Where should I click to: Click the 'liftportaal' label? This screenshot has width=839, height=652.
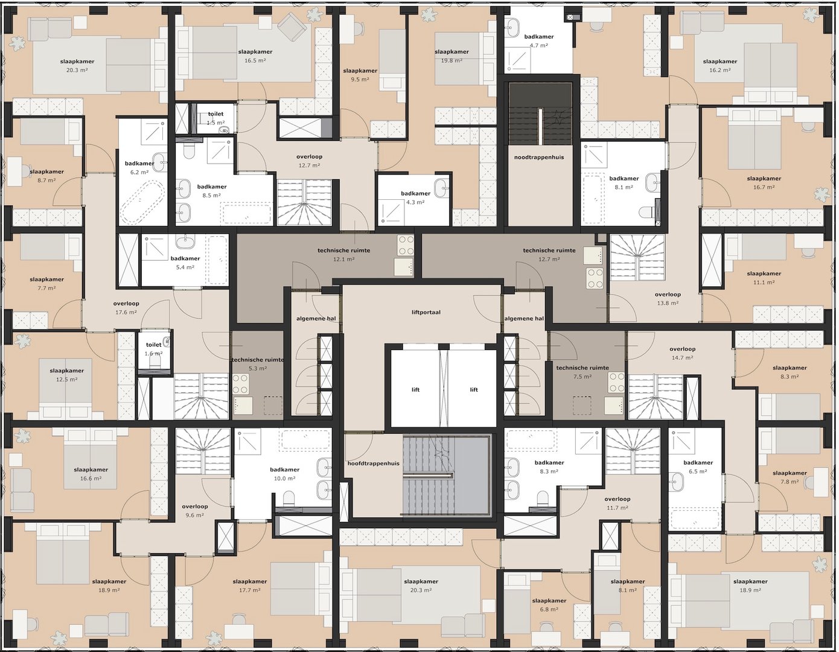tap(426, 312)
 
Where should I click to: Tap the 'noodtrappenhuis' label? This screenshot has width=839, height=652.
tap(539, 157)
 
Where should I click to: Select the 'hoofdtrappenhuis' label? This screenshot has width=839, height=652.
tap(373, 464)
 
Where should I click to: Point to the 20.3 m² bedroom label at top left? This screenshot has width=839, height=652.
tap(74, 66)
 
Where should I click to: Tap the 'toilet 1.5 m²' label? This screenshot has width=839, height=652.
tap(215, 118)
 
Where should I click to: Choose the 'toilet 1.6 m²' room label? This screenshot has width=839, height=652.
tap(153, 349)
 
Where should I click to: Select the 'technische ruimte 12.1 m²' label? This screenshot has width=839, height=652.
tap(343, 254)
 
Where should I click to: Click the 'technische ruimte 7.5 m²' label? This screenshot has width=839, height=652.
tap(582, 372)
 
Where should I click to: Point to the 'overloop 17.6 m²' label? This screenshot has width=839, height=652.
tap(126, 308)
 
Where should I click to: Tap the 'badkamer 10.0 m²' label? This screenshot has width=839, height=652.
tap(285, 474)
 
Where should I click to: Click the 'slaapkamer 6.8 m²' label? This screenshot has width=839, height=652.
tap(549, 605)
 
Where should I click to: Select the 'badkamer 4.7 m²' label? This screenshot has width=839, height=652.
tap(538, 40)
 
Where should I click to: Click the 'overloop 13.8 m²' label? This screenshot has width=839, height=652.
tap(668, 299)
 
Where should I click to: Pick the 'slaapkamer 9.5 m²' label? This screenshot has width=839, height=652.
tap(360, 75)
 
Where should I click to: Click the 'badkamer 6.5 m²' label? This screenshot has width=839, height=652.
tap(698, 467)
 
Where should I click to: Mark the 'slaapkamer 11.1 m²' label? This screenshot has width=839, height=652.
tap(764, 278)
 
